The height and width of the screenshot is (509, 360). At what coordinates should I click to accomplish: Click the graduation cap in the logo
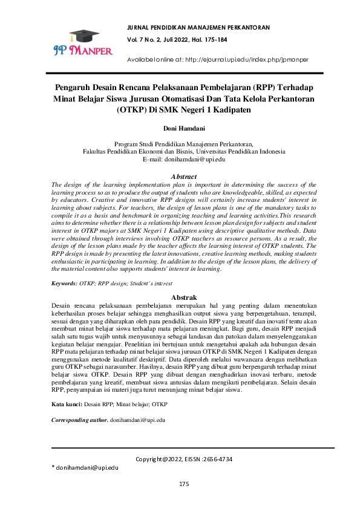83,36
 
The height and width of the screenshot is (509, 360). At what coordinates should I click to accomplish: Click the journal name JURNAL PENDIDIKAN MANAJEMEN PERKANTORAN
198,28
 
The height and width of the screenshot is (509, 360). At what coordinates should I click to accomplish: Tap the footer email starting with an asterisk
85,468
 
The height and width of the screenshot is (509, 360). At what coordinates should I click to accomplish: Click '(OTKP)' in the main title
133,111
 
